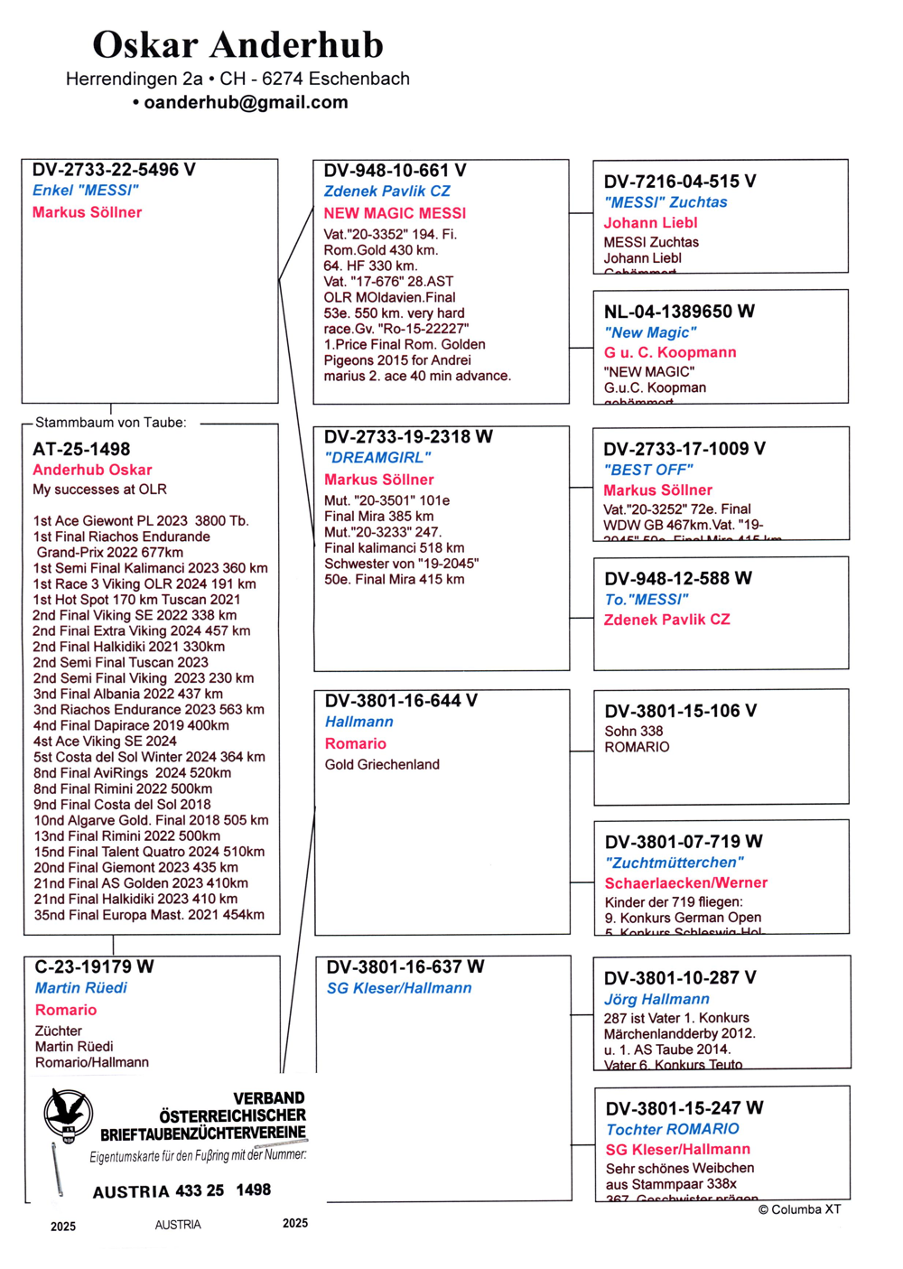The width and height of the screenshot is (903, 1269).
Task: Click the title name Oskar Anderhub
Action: tap(237, 44)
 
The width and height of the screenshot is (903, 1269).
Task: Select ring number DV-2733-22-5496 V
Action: tap(114, 170)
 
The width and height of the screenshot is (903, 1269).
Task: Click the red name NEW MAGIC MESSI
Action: tap(395, 213)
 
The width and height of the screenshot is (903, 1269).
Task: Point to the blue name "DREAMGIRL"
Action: tap(377, 458)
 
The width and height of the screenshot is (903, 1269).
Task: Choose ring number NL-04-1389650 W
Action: tap(679, 312)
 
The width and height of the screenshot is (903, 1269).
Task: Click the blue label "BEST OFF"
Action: tap(648, 470)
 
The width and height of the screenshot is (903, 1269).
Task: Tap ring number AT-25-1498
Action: tap(81, 449)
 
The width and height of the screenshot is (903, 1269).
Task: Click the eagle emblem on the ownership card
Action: tap(69, 1114)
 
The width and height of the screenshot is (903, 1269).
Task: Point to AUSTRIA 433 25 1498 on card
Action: tap(182, 1191)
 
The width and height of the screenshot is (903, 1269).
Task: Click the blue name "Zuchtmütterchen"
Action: tap(674, 863)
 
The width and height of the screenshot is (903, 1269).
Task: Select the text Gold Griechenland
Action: tap(382, 765)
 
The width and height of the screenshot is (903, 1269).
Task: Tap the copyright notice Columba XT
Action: tap(799, 1209)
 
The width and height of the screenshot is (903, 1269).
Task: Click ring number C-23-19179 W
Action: tap(94, 966)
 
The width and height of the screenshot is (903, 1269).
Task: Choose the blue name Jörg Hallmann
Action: tap(656, 999)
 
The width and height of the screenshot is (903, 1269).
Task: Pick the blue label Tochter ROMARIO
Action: tap(672, 1129)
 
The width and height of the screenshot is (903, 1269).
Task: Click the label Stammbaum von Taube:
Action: tap(110, 423)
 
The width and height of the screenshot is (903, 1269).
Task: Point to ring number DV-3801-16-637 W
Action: tap(405, 966)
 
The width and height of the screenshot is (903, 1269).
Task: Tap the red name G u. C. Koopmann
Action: tap(670, 352)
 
